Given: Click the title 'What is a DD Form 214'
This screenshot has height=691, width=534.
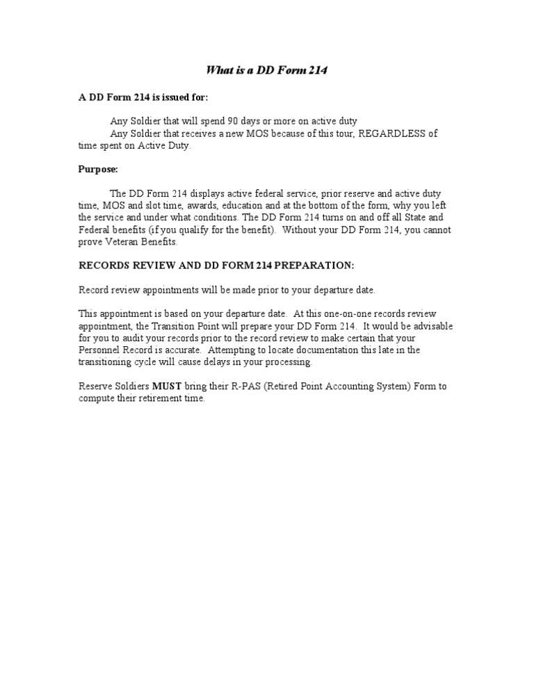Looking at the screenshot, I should point(267,70).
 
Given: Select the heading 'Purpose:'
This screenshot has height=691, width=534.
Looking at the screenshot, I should point(98,169).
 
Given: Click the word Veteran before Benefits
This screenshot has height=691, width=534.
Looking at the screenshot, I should point(124,242).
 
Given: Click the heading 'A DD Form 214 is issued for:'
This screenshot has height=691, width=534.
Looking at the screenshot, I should point(143,97).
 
